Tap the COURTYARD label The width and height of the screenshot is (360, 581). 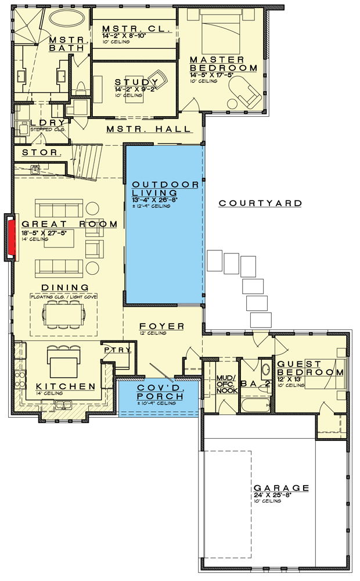(x=260, y=203)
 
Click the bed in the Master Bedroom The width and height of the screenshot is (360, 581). (x=222, y=35)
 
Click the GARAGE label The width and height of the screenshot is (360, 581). (x=281, y=488)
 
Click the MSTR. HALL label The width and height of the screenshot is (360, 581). (x=148, y=129)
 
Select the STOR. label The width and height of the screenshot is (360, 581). (x=41, y=153)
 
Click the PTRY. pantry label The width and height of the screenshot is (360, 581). (x=118, y=350)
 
